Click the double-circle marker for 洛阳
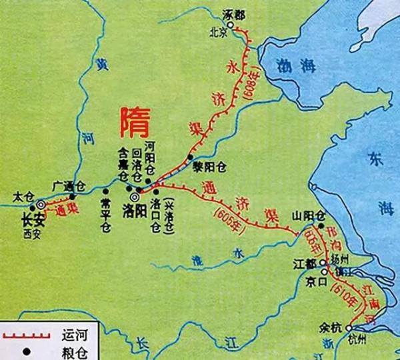(134, 197)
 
